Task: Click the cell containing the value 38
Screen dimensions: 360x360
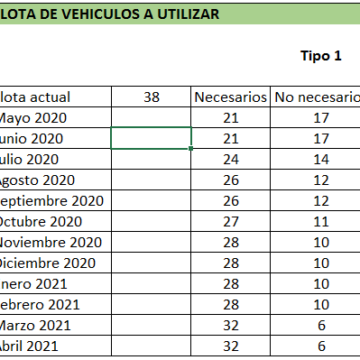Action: [x=152, y=97]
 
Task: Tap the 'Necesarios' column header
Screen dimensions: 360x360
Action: [x=230, y=97]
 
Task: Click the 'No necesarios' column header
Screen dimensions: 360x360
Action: [x=316, y=97]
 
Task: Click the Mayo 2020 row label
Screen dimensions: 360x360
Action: [x=34, y=118]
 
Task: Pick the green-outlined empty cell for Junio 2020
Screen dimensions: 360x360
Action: [x=151, y=138]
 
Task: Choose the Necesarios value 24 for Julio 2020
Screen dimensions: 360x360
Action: [x=230, y=159]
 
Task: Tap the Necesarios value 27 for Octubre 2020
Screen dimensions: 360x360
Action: [x=230, y=221]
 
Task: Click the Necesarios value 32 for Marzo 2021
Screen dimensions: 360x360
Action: [x=230, y=325]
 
